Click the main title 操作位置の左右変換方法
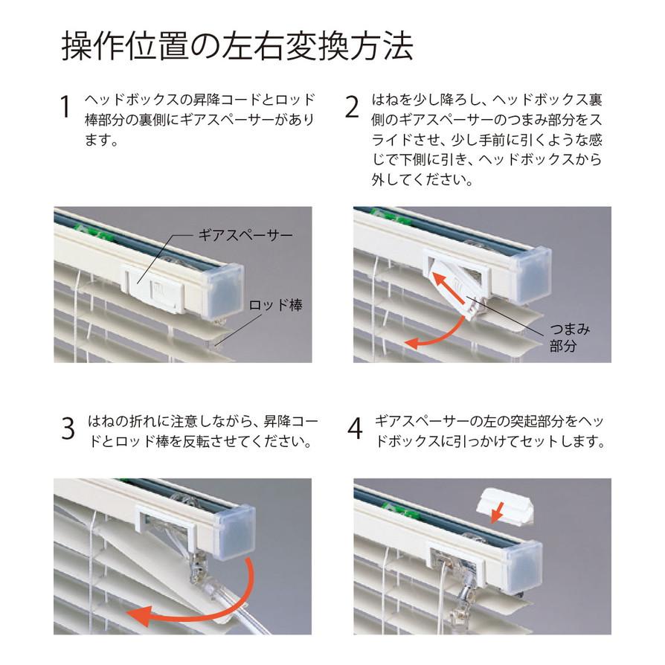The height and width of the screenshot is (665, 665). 237,46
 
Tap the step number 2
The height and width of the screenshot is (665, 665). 353,106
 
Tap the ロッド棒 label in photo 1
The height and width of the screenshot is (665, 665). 275,305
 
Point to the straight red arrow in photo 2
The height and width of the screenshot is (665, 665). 452,289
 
